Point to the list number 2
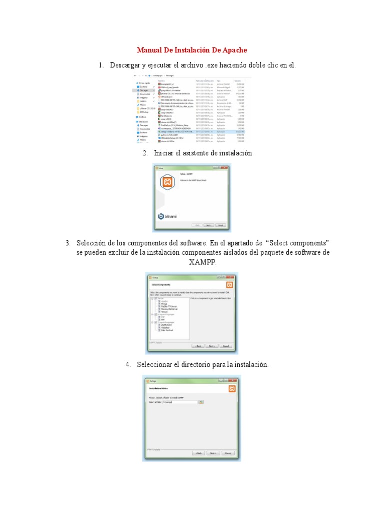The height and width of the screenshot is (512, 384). [145, 153]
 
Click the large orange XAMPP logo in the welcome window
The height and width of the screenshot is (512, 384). [166, 183]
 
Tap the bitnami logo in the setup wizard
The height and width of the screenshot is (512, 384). [168, 216]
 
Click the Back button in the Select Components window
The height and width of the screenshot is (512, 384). [198, 345]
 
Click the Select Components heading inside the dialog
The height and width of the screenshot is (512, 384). [162, 284]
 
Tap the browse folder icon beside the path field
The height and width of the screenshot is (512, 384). [201, 402]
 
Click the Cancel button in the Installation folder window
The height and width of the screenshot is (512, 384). [228, 453]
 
